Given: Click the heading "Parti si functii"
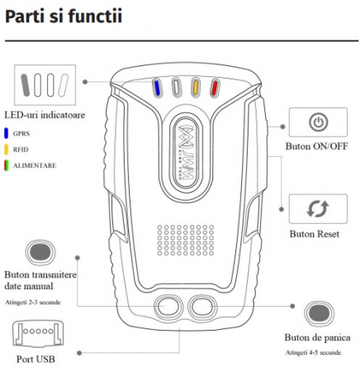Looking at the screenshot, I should (x=64, y=17).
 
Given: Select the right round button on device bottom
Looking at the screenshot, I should (x=201, y=306).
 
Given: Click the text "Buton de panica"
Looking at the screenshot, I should (x=317, y=338).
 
